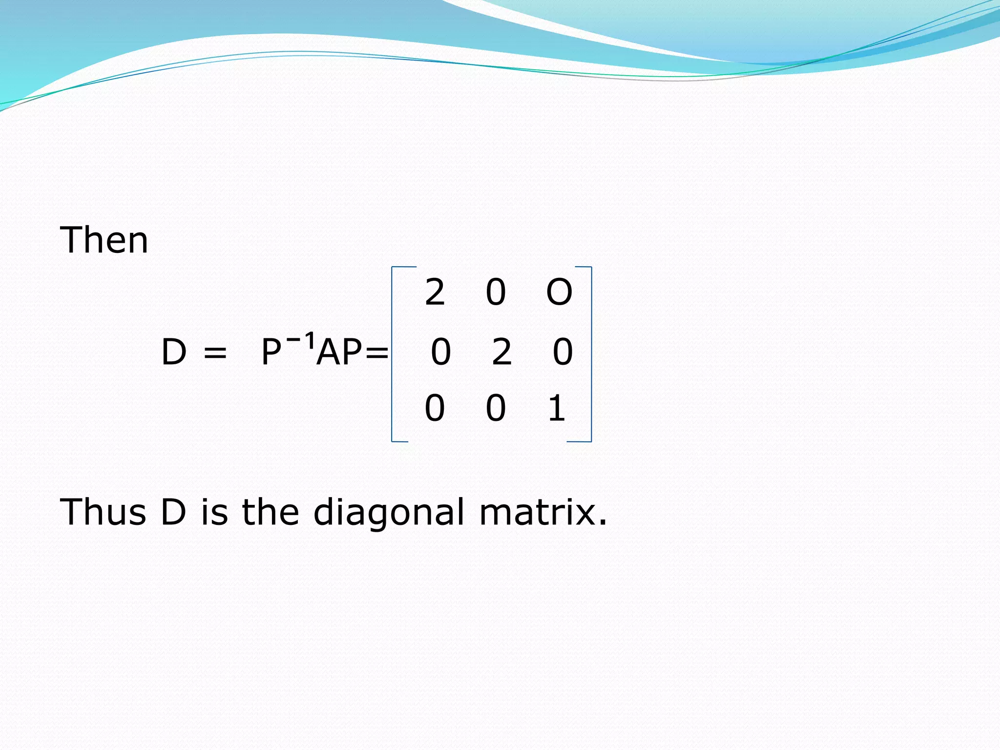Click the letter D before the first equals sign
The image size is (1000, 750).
[x=174, y=352]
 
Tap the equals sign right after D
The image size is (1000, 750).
[x=215, y=353]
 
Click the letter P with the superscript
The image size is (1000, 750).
[x=271, y=352]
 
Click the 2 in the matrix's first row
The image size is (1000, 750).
[x=435, y=292]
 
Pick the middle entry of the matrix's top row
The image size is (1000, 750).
[x=496, y=292]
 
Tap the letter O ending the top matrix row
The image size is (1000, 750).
[x=559, y=292]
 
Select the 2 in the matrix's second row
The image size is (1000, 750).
[x=501, y=352]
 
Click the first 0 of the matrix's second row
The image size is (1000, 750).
[x=440, y=352]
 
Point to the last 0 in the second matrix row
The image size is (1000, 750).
[x=562, y=352]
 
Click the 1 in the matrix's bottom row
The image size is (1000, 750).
[x=557, y=408]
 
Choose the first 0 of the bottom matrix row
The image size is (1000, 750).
[x=435, y=408]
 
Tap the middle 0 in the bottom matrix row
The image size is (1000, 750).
[x=496, y=408]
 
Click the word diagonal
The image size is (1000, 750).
[x=389, y=513]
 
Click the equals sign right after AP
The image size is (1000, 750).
[x=376, y=353]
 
